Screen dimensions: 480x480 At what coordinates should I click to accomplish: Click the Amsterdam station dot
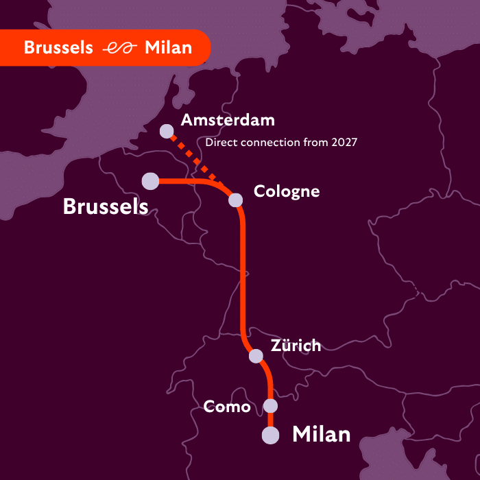(166, 130)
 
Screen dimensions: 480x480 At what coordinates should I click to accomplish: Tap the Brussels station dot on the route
(150, 181)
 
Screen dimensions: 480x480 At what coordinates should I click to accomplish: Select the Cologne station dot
(235, 200)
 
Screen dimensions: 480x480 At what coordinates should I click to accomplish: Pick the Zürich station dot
(256, 356)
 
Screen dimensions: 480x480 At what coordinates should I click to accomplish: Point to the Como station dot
(271, 406)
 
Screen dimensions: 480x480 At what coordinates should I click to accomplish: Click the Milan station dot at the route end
(271, 435)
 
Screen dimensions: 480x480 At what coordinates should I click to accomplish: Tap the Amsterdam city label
(228, 121)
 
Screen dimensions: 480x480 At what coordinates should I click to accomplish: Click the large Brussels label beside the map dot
(106, 206)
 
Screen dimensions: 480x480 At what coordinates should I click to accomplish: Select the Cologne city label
(287, 191)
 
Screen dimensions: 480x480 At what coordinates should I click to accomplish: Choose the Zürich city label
(296, 346)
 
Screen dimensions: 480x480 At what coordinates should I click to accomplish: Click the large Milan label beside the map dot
(322, 434)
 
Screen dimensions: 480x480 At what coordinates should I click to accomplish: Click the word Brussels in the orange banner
(58, 48)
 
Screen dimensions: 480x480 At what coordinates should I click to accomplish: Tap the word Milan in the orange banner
(169, 48)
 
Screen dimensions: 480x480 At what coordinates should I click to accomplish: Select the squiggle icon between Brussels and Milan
(119, 48)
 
